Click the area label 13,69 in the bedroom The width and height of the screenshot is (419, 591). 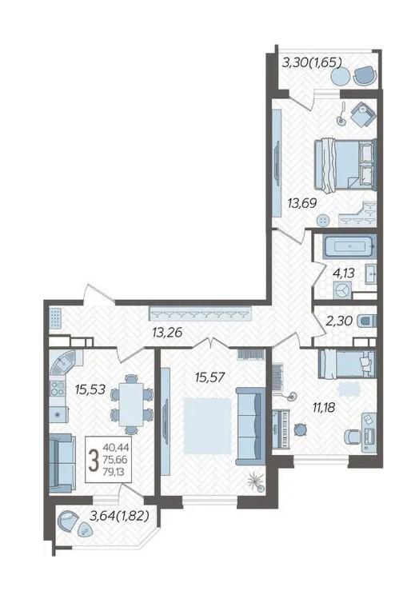301,204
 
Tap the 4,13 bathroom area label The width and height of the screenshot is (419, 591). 343,273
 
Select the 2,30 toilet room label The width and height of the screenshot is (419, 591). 340,321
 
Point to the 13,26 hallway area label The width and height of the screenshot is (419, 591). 167,333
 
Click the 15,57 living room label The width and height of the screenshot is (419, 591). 209,376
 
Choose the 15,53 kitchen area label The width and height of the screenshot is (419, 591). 90,389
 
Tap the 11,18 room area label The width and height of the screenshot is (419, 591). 324,407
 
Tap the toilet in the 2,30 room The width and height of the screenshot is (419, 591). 366,321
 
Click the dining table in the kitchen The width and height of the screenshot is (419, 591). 131,405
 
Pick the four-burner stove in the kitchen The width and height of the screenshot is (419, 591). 58,389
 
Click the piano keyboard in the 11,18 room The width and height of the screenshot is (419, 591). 281,429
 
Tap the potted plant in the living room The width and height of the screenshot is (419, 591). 255,482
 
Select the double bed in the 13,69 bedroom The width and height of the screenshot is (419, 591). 345,166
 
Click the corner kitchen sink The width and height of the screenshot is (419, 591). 62,362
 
